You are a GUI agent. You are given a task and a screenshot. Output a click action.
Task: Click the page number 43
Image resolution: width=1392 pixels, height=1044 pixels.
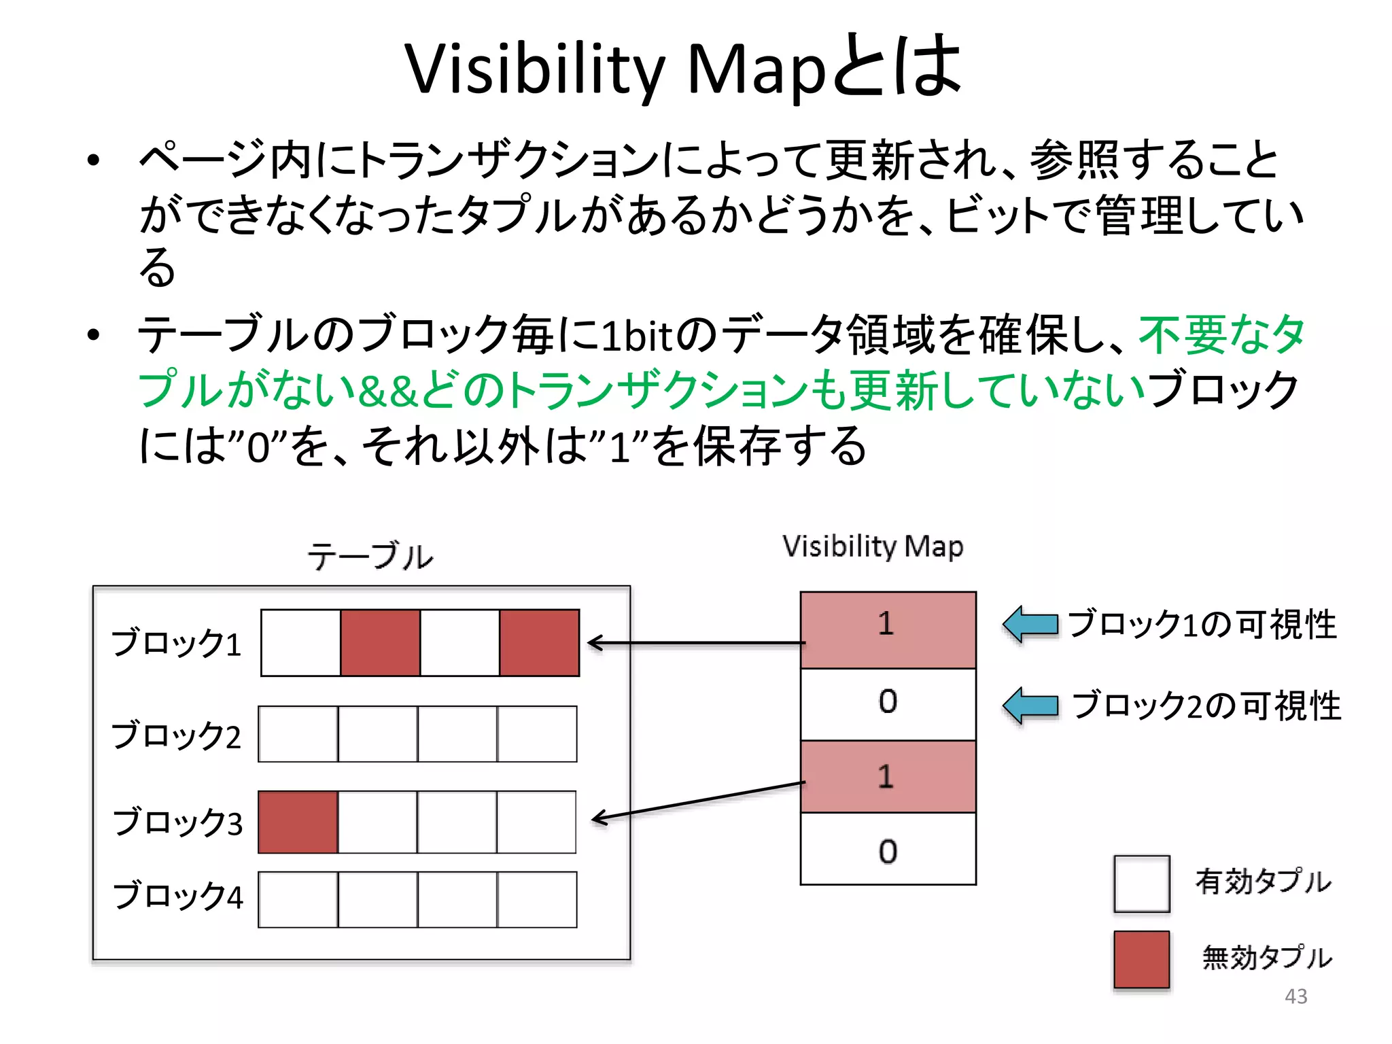click(x=1295, y=996)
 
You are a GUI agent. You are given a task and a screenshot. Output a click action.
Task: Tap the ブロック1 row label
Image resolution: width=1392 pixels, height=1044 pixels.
click(x=176, y=643)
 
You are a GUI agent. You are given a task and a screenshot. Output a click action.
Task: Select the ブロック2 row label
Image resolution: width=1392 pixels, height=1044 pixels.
click(x=176, y=735)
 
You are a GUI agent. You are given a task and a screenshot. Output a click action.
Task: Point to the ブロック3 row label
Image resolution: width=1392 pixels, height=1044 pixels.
click(x=177, y=822)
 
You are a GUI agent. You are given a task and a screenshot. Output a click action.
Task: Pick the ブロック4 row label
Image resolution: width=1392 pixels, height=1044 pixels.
click(x=177, y=896)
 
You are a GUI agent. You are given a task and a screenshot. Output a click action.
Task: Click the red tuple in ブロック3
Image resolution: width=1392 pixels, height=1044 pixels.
click(x=298, y=822)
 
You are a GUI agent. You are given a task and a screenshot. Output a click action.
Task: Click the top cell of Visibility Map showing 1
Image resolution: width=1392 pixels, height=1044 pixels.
click(x=888, y=629)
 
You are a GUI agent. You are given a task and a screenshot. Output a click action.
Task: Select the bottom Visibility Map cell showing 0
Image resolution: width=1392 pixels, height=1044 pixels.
click(x=888, y=850)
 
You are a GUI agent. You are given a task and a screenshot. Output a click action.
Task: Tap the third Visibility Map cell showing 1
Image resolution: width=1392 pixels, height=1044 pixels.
click(x=888, y=776)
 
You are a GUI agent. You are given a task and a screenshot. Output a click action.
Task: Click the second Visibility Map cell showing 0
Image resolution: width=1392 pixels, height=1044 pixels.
click(x=888, y=703)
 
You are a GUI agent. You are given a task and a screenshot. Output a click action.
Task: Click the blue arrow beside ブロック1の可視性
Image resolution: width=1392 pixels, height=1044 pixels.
click(x=1030, y=624)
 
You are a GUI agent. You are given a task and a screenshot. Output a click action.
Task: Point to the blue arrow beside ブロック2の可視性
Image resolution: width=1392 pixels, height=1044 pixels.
click(x=1030, y=706)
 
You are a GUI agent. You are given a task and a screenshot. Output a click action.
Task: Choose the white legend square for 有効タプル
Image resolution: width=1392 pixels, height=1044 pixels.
click(x=1141, y=884)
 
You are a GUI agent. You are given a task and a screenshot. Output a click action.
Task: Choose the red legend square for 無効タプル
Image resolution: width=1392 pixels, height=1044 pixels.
click(x=1141, y=959)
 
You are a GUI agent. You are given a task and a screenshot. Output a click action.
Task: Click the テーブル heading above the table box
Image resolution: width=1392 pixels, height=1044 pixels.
click(x=370, y=556)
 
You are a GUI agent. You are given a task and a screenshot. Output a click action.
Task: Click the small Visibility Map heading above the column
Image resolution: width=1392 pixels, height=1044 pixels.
click(x=873, y=546)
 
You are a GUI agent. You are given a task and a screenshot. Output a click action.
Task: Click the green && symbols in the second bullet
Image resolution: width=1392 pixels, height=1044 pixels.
click(x=386, y=391)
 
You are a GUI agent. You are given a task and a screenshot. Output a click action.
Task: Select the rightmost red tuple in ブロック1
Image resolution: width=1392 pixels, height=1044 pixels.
click(x=539, y=643)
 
